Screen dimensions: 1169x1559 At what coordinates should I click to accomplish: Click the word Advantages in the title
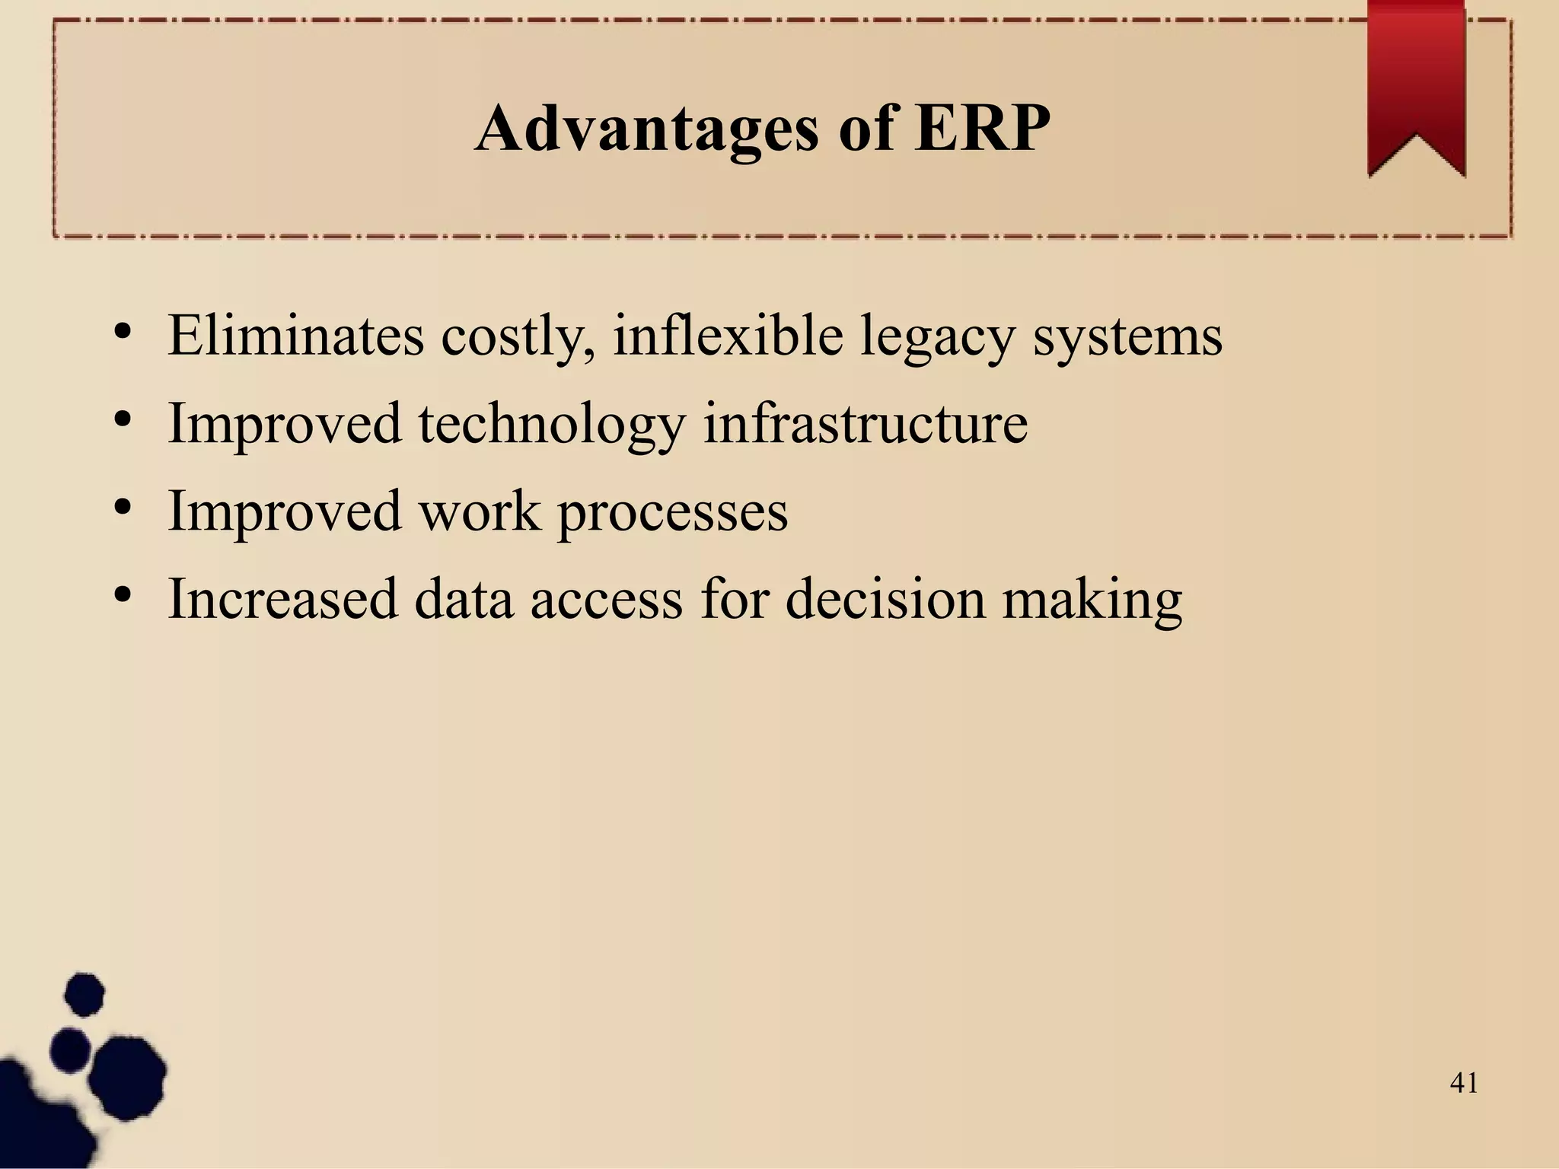tap(646, 129)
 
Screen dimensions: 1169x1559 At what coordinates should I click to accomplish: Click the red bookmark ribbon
tap(1416, 84)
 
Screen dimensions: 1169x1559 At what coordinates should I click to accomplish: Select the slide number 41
tap(1464, 1082)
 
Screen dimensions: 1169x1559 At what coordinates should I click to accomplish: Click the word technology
tap(551, 425)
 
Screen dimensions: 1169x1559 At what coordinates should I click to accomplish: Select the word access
tap(606, 600)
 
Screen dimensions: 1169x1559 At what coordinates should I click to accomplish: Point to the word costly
tap(518, 336)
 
